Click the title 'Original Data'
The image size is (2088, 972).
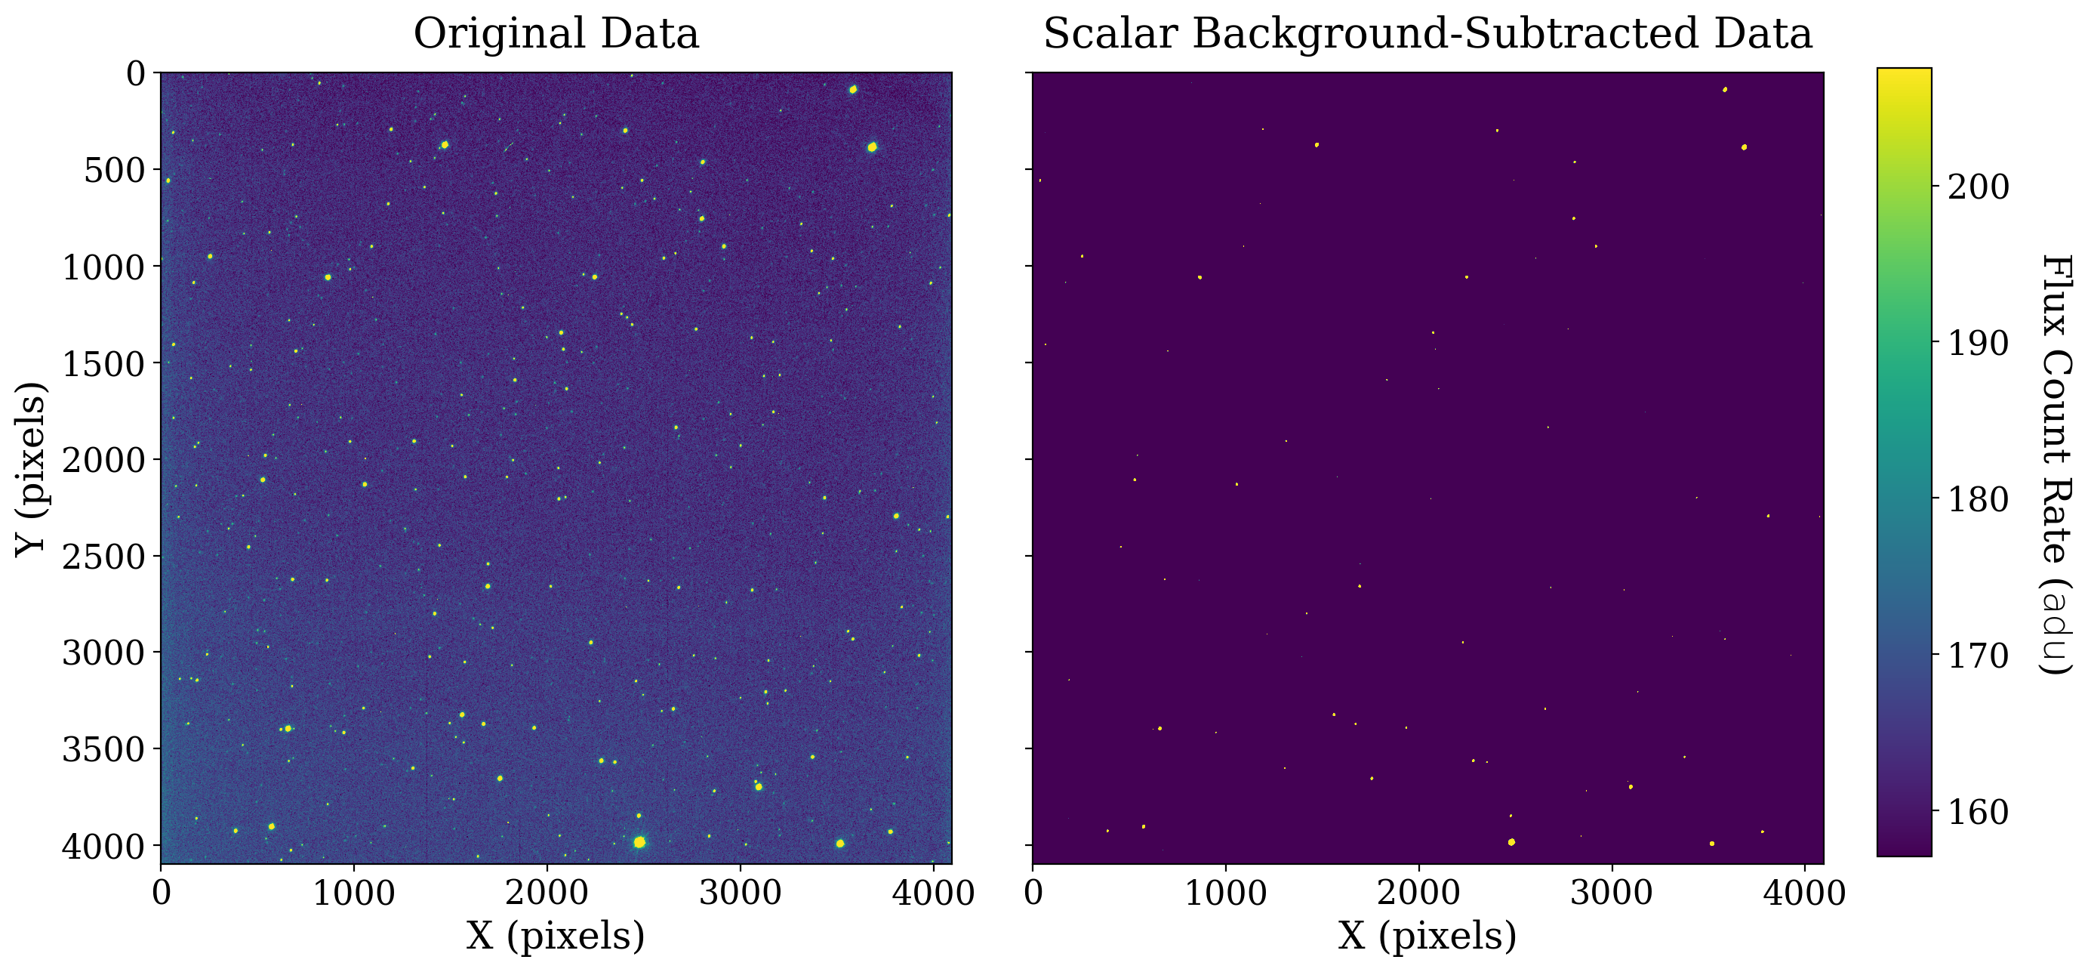556,34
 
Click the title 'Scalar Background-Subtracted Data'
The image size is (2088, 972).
1427,34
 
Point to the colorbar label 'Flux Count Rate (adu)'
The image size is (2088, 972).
2056,464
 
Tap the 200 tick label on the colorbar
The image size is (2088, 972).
1979,187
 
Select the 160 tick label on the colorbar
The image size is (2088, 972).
1979,813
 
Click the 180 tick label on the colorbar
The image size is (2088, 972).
1979,499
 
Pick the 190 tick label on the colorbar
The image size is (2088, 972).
1979,344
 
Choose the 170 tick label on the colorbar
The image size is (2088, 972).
1979,656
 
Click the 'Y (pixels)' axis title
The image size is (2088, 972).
31,468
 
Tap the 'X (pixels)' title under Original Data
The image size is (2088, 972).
556,937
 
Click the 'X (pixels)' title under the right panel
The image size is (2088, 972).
1427,937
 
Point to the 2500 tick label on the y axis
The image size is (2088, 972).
103,557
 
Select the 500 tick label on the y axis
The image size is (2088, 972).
114,170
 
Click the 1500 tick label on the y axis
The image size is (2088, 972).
103,364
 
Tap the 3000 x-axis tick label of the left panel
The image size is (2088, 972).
740,893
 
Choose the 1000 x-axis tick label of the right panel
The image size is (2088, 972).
1226,893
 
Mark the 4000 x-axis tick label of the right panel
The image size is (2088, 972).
1805,893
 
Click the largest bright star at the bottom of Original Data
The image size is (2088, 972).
639,842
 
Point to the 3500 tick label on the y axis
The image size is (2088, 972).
103,750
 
